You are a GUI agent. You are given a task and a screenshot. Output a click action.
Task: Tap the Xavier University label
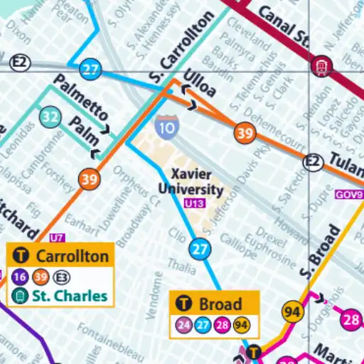coord(197,182)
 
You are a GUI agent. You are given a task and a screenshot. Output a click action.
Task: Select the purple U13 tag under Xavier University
coord(193,203)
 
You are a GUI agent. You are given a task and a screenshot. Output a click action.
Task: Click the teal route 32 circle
coord(50,117)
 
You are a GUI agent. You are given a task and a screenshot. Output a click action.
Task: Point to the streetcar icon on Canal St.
coord(320,67)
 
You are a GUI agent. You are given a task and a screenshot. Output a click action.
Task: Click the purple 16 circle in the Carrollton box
coord(20,277)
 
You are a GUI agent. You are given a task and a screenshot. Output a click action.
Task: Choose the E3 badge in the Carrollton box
coord(63,277)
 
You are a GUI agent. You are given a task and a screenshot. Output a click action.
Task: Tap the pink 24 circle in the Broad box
coord(183,326)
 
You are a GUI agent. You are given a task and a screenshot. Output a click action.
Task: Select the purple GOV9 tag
coord(348,193)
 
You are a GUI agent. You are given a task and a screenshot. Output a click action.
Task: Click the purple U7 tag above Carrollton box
coord(57,237)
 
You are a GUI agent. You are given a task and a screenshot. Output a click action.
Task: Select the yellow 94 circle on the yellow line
coord(291,311)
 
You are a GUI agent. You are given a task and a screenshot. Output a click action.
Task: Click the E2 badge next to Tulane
coord(312,163)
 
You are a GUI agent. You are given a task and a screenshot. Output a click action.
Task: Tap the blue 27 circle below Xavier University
coord(200,249)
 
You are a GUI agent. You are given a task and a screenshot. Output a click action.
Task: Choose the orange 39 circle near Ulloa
coord(245,133)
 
